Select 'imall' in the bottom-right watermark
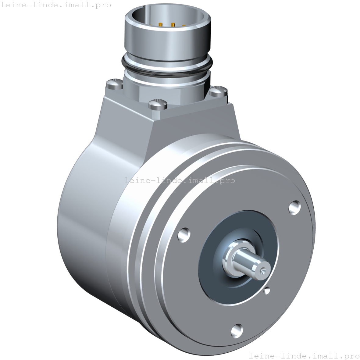click(323, 355)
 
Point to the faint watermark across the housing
click(180, 180)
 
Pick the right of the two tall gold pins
click(173, 24)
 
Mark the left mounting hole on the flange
click(184, 234)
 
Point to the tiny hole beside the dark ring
click(267, 290)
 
